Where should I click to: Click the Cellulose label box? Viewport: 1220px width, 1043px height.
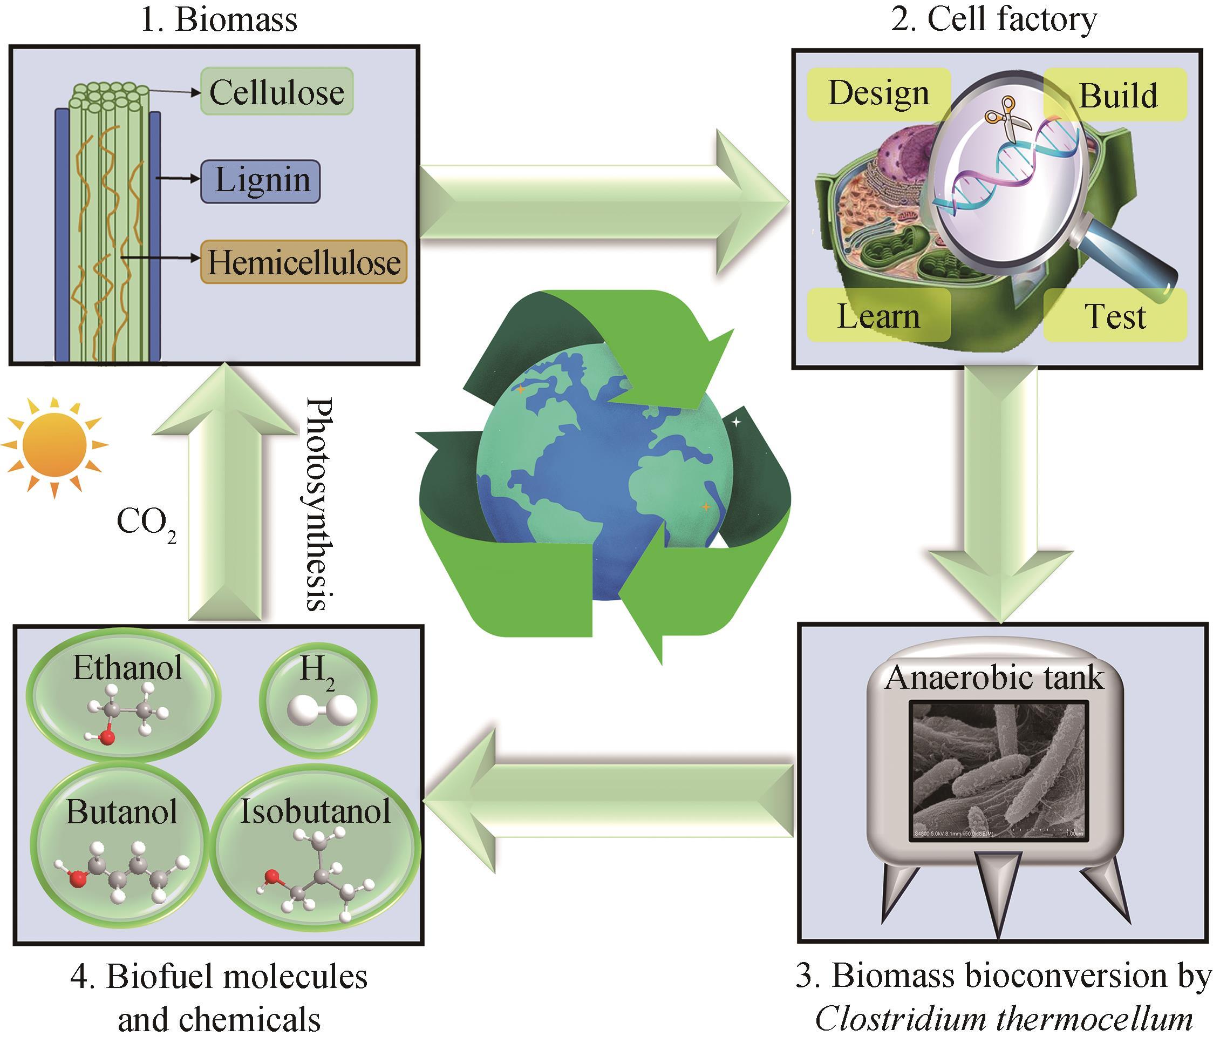tap(277, 92)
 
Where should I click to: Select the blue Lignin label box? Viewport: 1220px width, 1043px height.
tap(260, 181)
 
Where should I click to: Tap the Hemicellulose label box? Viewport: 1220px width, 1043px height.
tap(304, 262)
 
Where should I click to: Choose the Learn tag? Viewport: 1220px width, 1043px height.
tap(878, 316)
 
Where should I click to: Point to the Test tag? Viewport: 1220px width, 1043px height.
tap(1115, 316)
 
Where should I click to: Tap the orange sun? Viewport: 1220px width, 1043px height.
tap(54, 446)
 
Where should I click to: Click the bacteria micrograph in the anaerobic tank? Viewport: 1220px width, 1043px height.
tap(999, 771)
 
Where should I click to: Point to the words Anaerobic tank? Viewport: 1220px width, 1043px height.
tap(994, 678)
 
